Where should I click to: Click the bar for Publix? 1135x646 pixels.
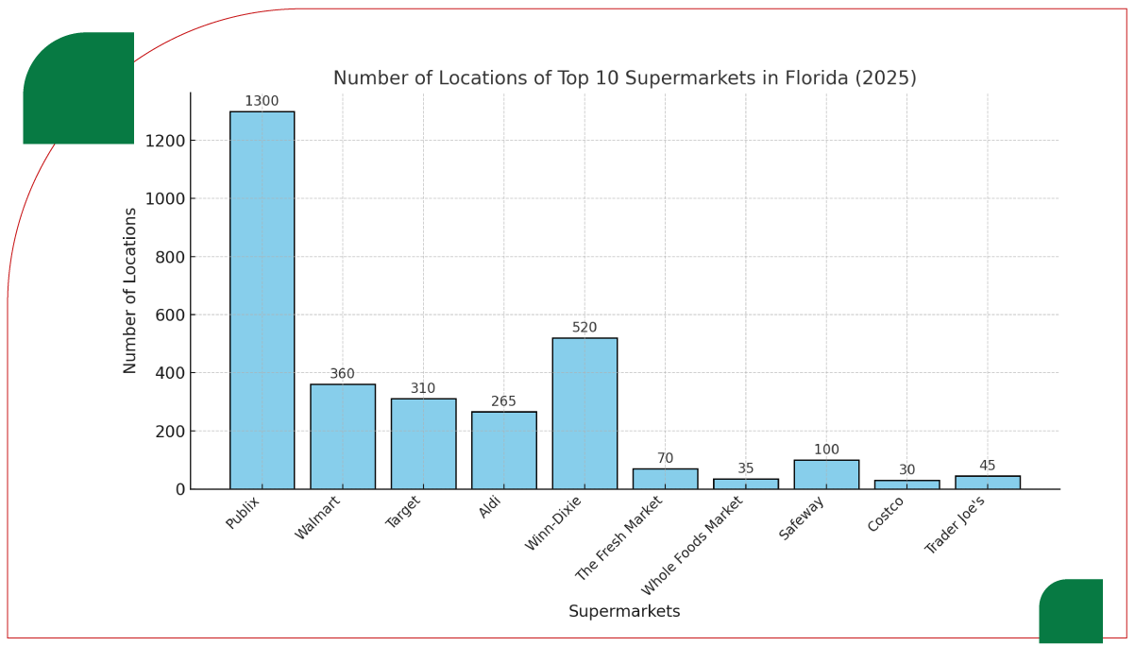(262, 300)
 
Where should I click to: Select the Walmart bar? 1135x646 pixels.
(343, 436)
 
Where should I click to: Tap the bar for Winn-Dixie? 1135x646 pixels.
(584, 414)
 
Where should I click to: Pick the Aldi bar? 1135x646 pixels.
(504, 450)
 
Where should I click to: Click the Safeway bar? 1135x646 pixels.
(826, 475)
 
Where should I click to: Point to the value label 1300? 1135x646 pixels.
(262, 102)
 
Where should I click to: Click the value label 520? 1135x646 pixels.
(584, 328)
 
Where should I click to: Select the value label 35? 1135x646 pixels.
(746, 468)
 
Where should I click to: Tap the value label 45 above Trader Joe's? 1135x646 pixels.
(987, 466)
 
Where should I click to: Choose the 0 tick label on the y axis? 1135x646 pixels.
(179, 489)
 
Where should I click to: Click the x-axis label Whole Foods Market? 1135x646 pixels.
(694, 545)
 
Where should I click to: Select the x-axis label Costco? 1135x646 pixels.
(887, 515)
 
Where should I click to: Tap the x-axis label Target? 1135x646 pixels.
(404, 513)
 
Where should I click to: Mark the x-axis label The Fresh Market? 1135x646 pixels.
(620, 538)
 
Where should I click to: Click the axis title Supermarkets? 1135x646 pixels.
(624, 612)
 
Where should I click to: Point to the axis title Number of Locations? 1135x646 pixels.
(131, 291)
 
